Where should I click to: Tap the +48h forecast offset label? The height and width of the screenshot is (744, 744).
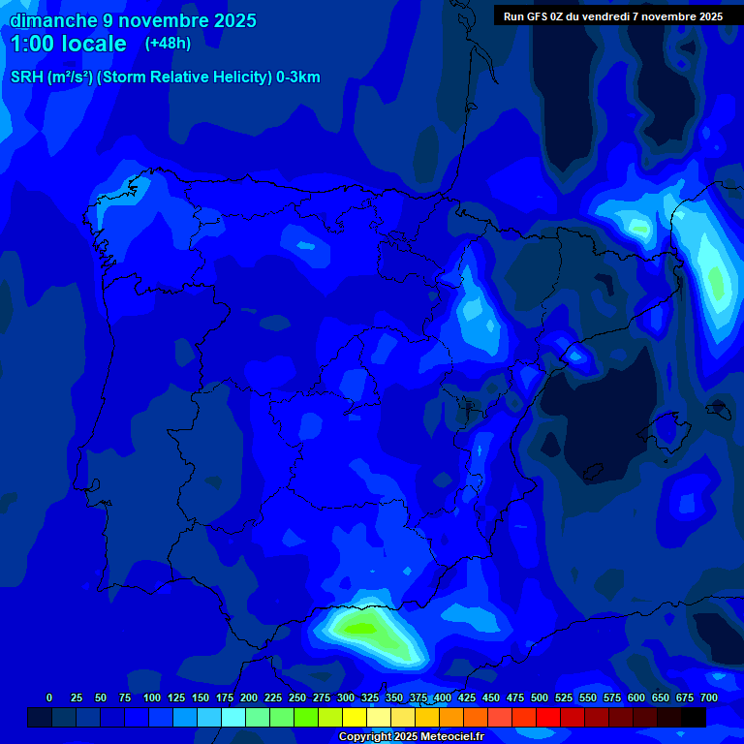pyautogui.click(x=168, y=44)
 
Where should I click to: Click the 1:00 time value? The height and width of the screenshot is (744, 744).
pyautogui.click(x=33, y=44)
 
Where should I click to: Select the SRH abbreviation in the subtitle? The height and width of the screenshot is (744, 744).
pyautogui.click(x=27, y=77)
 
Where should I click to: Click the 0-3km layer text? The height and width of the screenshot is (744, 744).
pyautogui.click(x=297, y=77)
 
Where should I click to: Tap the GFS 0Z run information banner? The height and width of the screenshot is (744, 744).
pyautogui.click(x=612, y=16)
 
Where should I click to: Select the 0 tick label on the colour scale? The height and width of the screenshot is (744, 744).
pyautogui.click(x=49, y=698)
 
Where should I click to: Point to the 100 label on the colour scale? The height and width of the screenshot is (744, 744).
pyautogui.click(x=152, y=698)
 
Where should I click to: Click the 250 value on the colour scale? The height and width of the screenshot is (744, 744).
pyautogui.click(x=297, y=698)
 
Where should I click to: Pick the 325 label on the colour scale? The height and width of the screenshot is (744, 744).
pyautogui.click(x=370, y=698)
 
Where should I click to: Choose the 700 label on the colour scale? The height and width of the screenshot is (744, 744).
pyautogui.click(x=709, y=698)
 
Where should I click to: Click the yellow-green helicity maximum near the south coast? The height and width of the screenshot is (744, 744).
pyautogui.click(x=360, y=628)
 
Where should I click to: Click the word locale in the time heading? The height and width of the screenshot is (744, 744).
pyautogui.click(x=95, y=44)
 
